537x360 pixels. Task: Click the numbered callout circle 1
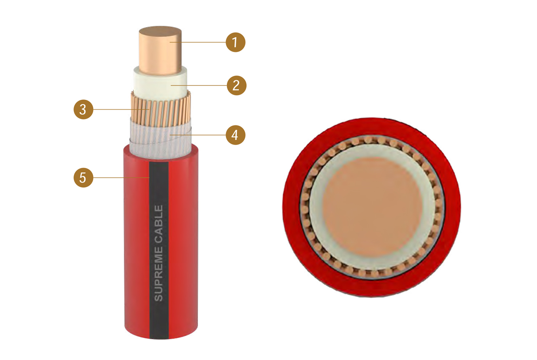click(x=236, y=42)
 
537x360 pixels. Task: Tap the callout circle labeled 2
click(x=236, y=85)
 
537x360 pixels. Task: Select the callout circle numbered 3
click(x=83, y=110)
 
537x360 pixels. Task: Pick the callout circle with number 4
click(x=236, y=135)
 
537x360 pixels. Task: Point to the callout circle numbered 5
click(x=83, y=178)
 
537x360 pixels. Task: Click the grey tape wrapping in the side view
click(x=160, y=141)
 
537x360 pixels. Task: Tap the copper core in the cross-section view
click(x=372, y=207)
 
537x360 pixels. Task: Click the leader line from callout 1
click(x=198, y=42)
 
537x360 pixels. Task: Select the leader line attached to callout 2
click(x=199, y=85)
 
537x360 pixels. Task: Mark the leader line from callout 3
click(x=120, y=110)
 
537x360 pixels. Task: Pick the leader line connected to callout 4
click(x=198, y=135)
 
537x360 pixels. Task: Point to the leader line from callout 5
click(x=121, y=178)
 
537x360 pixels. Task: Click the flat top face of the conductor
click(x=160, y=31)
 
